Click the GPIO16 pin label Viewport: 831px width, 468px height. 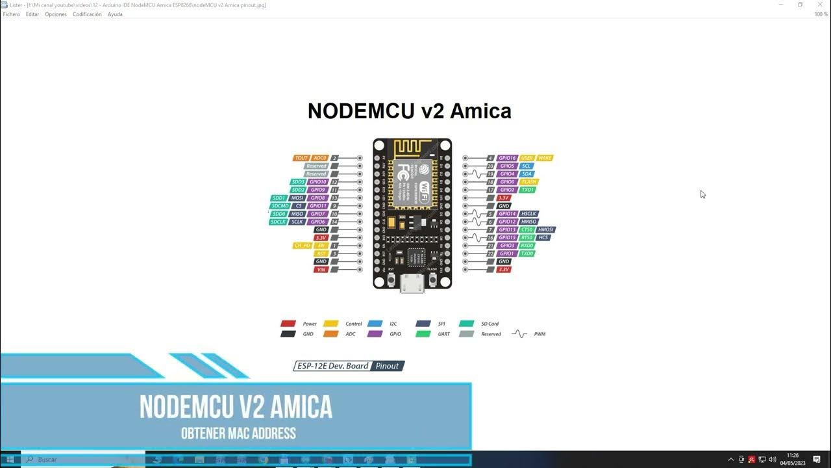(507, 158)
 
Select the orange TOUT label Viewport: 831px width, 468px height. (301, 158)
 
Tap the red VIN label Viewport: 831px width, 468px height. (321, 269)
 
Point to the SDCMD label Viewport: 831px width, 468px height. (280, 206)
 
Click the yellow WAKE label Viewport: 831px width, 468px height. (544, 158)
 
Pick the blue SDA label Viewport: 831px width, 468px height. (527, 174)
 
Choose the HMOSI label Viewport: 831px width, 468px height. (546, 229)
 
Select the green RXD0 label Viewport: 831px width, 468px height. (527, 246)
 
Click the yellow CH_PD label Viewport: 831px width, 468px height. (302, 246)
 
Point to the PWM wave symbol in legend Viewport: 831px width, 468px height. (519, 334)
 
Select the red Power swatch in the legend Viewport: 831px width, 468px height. (288, 324)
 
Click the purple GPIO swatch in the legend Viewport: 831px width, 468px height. (375, 334)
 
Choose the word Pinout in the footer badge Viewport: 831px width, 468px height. (388, 366)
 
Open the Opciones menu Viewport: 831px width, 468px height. (56, 14)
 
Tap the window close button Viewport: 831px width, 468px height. (820, 5)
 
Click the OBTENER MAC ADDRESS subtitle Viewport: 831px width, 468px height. (238, 434)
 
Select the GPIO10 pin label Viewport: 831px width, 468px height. (318, 182)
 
